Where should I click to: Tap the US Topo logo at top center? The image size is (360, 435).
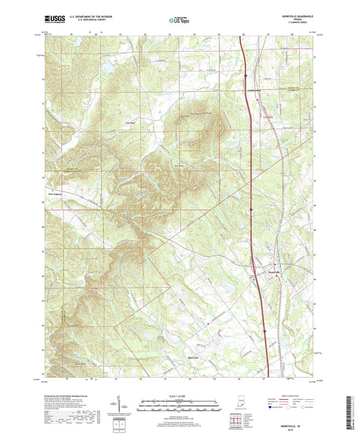pyautogui.click(x=178, y=21)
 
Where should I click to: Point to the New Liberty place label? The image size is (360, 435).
pyautogui.click(x=54, y=191)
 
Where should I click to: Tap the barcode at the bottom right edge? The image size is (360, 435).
pyautogui.click(x=351, y=412)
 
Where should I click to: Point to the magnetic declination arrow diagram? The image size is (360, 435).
pyautogui.click(x=125, y=405)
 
